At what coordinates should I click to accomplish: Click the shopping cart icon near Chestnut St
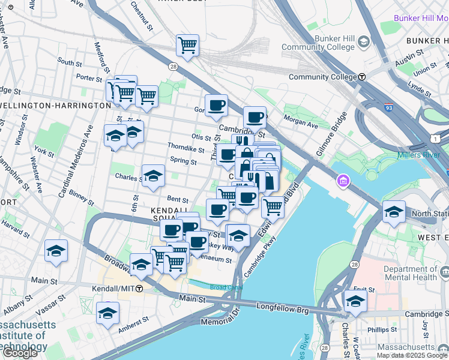pos(187,45)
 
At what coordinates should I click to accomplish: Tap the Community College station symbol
pos(363,77)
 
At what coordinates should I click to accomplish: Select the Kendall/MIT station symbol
pos(139,289)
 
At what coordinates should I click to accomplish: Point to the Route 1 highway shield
pos(433,139)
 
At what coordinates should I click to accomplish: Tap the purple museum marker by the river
pos(343,180)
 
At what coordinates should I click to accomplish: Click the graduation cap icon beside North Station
pos(394,212)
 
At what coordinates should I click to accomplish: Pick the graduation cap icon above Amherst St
pos(107,313)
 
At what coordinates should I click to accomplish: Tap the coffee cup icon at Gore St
pos(216,106)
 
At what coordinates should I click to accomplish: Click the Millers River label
pos(423,155)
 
